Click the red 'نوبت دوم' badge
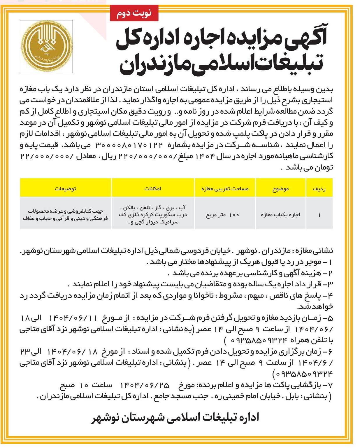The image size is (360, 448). (134, 13)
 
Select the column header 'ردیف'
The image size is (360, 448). (319, 189)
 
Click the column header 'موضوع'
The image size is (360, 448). (281, 189)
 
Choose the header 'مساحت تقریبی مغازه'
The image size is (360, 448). (225, 189)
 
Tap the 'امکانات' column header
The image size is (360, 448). (153, 189)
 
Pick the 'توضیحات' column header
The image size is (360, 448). (66, 189)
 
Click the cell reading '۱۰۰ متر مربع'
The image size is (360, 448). (223, 215)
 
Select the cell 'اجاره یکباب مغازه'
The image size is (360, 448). (280, 215)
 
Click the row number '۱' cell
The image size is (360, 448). (319, 215)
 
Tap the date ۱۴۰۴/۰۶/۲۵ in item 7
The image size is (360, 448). (145, 385)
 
